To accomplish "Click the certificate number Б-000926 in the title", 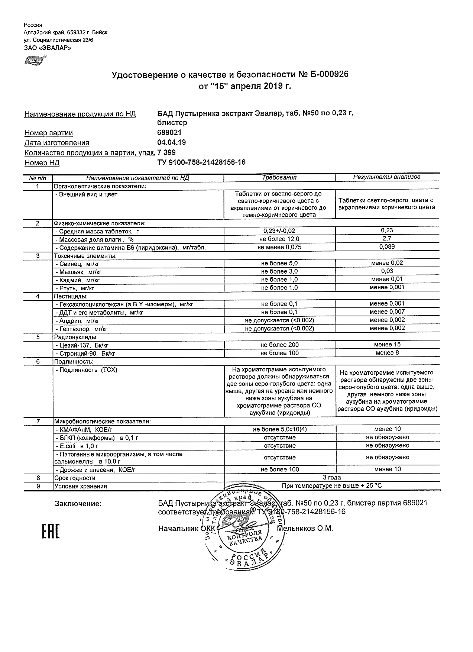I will coord(327,75).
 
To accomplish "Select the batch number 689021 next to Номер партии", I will coord(170,132).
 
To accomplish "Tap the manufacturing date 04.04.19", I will coord(172,142).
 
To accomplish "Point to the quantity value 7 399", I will coord(167,152).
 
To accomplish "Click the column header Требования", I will coord(279,177).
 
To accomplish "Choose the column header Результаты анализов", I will coord(387,177).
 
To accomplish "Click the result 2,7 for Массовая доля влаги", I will coord(387,239).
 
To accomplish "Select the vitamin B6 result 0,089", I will coord(387,246).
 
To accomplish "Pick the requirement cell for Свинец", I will coord(279,264).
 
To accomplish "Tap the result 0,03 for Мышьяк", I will coord(387,271).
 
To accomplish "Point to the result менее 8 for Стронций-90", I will coord(387,352).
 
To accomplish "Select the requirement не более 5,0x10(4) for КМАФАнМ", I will coord(279,429).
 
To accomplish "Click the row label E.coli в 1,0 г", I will coord(77,446).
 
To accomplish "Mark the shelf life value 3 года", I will coord(332,477).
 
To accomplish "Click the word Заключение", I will coord(78,504).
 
